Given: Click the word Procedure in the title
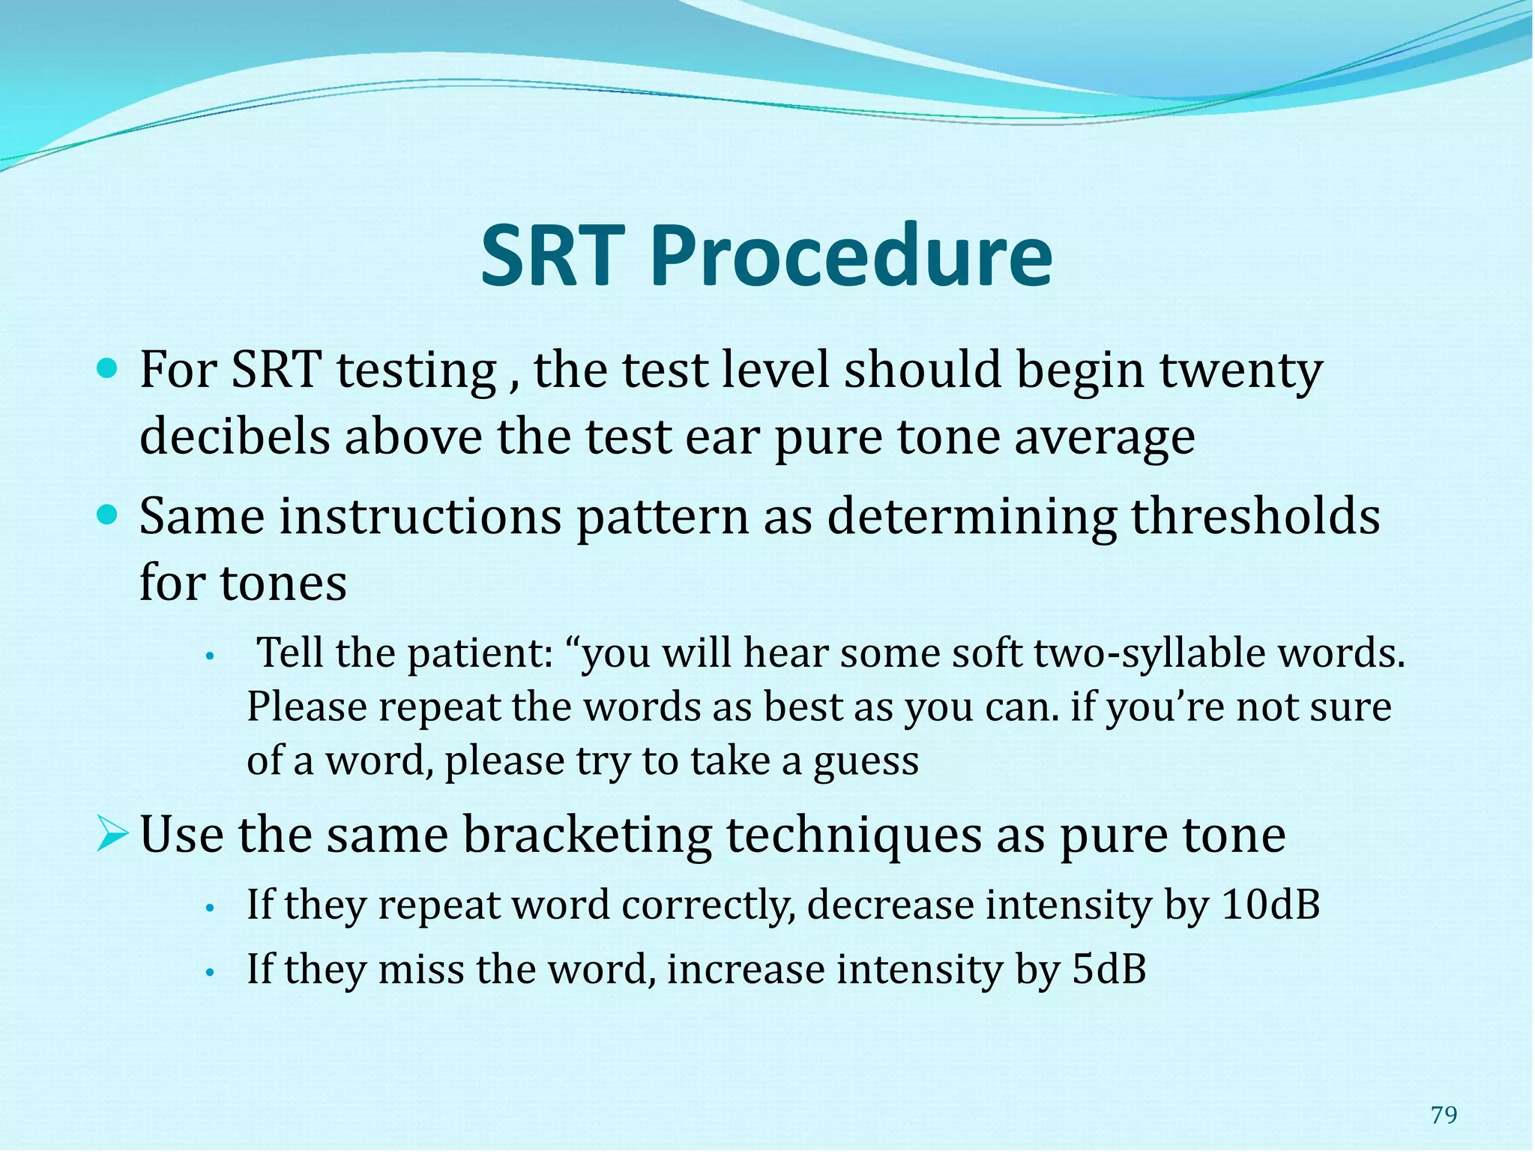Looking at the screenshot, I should point(851,256).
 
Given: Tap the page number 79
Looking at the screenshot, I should point(1444,1115).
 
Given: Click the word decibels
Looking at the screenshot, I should point(234,436).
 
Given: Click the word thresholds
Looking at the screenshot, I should point(1255,517).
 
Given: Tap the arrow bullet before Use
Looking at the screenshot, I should point(112,835).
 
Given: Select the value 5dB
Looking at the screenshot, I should point(1109,969).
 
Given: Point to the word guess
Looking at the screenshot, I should point(866,762).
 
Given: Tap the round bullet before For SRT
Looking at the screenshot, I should point(108,369).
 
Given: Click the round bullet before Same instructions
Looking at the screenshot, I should point(108,515).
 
